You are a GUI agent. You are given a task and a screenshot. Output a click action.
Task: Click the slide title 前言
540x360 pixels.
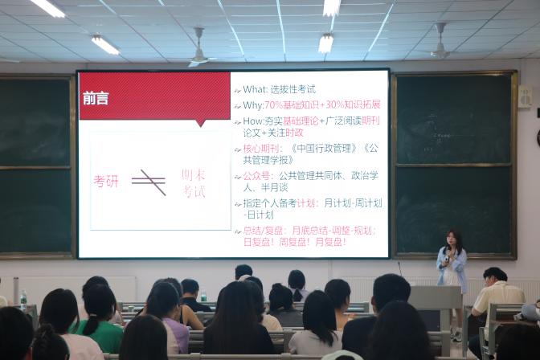pos(96,99)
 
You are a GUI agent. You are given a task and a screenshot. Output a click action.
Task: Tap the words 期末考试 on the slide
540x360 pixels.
pos(194,182)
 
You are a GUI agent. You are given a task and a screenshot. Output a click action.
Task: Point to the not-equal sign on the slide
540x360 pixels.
pos(149,182)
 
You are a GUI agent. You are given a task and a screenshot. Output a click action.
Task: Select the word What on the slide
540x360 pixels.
pos(255,89)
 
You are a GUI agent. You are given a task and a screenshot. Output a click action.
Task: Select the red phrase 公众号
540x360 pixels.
pos(256,176)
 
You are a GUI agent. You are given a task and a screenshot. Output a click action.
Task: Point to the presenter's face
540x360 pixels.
pos(451,238)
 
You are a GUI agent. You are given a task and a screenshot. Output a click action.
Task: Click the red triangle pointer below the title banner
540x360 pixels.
pos(199,124)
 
